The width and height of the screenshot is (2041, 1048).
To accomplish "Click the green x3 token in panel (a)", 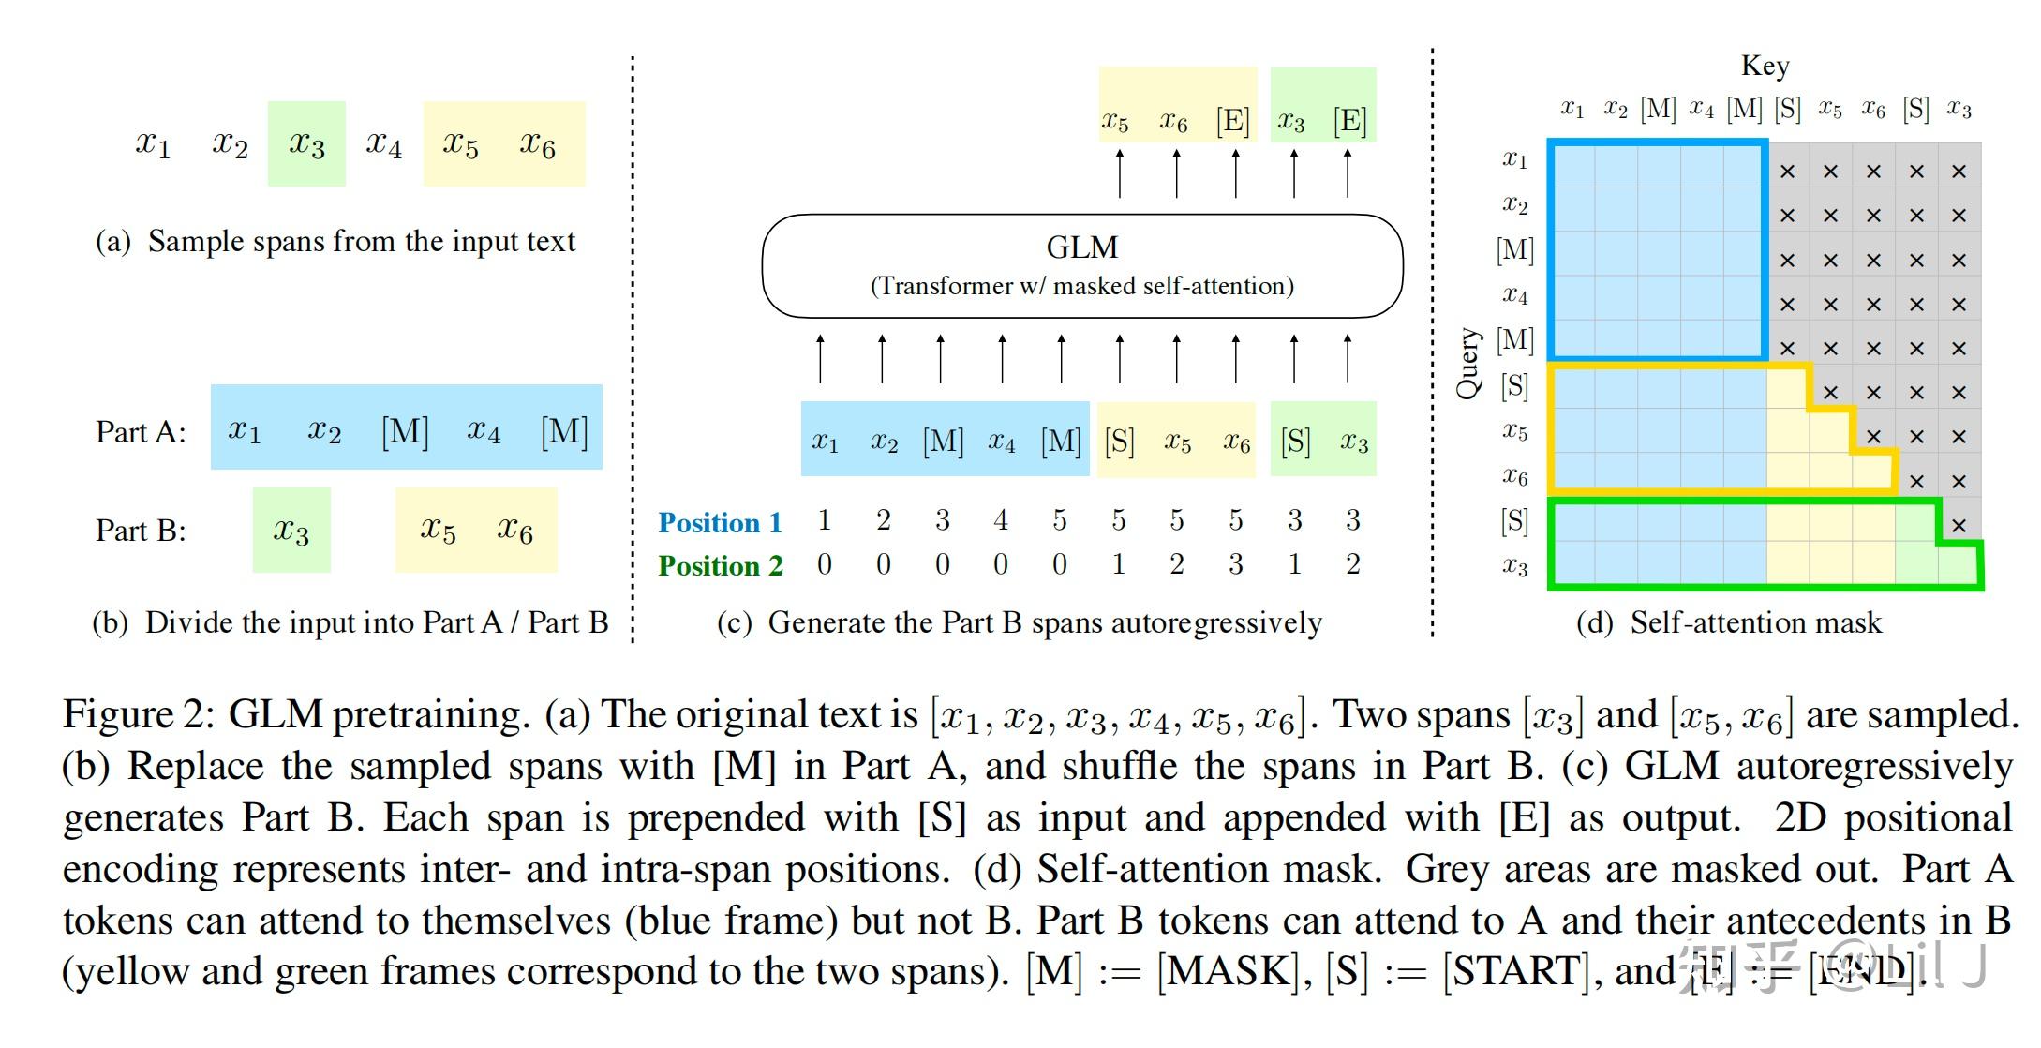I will (x=306, y=143).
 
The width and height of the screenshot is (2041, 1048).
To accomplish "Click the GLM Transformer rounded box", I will (x=1081, y=265).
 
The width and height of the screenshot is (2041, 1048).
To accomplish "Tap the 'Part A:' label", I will (x=141, y=432).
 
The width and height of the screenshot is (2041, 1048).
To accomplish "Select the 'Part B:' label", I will (x=141, y=531).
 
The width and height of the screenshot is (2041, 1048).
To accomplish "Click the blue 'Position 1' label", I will (x=720, y=522).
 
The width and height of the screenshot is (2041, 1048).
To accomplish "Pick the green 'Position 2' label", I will (x=720, y=565).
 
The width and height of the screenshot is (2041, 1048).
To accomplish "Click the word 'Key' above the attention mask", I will (x=1765, y=66).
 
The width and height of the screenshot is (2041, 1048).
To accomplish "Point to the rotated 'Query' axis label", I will (x=1467, y=363).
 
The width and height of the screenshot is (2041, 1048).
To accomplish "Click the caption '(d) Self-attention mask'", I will (x=1728, y=622).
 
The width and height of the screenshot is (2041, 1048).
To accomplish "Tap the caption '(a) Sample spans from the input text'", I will (x=335, y=241).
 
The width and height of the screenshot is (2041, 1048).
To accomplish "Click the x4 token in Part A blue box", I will (x=483, y=430).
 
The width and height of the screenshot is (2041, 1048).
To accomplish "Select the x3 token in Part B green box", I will (x=291, y=531).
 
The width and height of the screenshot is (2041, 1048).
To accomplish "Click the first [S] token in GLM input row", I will (x=1119, y=441).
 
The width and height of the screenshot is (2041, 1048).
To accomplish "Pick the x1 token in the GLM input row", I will (x=825, y=441).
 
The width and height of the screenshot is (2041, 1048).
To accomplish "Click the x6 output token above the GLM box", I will (x=1173, y=120).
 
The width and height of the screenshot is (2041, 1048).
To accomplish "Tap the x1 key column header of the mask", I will (x=1572, y=109).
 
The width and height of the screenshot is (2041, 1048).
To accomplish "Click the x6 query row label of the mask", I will (x=1515, y=477).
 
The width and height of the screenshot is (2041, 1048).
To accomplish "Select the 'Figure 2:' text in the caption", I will (x=140, y=714).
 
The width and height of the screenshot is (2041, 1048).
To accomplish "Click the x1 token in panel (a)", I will (x=153, y=143).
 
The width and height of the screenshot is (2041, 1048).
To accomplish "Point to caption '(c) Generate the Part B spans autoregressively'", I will (x=1019, y=622).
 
